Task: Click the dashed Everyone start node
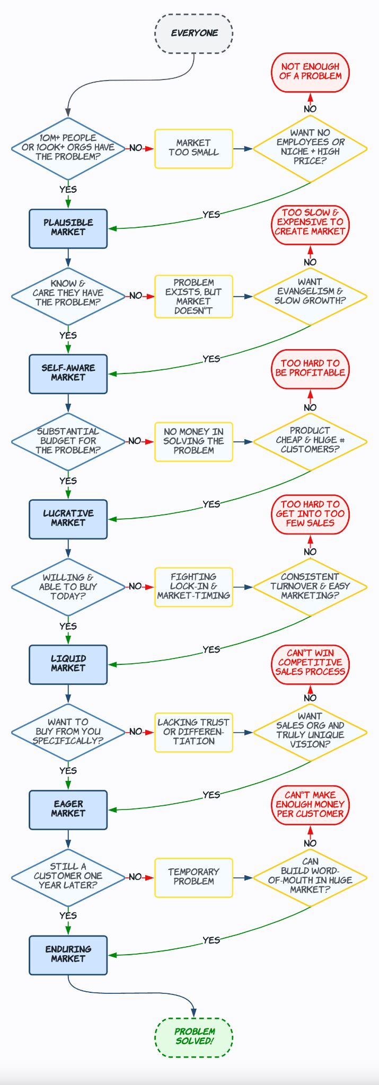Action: pyautogui.click(x=194, y=33)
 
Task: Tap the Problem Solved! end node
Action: pyautogui.click(x=194, y=1037)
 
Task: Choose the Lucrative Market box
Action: pyautogui.click(x=68, y=519)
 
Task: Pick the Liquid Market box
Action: pyautogui.click(x=68, y=664)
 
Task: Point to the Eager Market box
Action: pyautogui.click(x=68, y=809)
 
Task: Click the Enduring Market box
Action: pyautogui.click(x=68, y=955)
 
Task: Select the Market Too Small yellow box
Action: pyautogui.click(x=193, y=148)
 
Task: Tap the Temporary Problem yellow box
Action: pyautogui.click(x=193, y=877)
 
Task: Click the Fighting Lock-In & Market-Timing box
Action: pyautogui.click(x=193, y=586)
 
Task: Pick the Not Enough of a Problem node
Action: pyautogui.click(x=310, y=72)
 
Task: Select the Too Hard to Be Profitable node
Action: pyautogui.click(x=310, y=369)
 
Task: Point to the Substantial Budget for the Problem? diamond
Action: pyautogui.click(x=68, y=441)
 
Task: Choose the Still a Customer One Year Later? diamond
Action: pyautogui.click(x=68, y=877)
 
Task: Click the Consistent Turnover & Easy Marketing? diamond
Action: pyautogui.click(x=310, y=586)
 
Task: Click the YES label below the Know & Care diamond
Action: pyautogui.click(x=68, y=335)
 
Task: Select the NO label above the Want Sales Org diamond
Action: pyautogui.click(x=310, y=698)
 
